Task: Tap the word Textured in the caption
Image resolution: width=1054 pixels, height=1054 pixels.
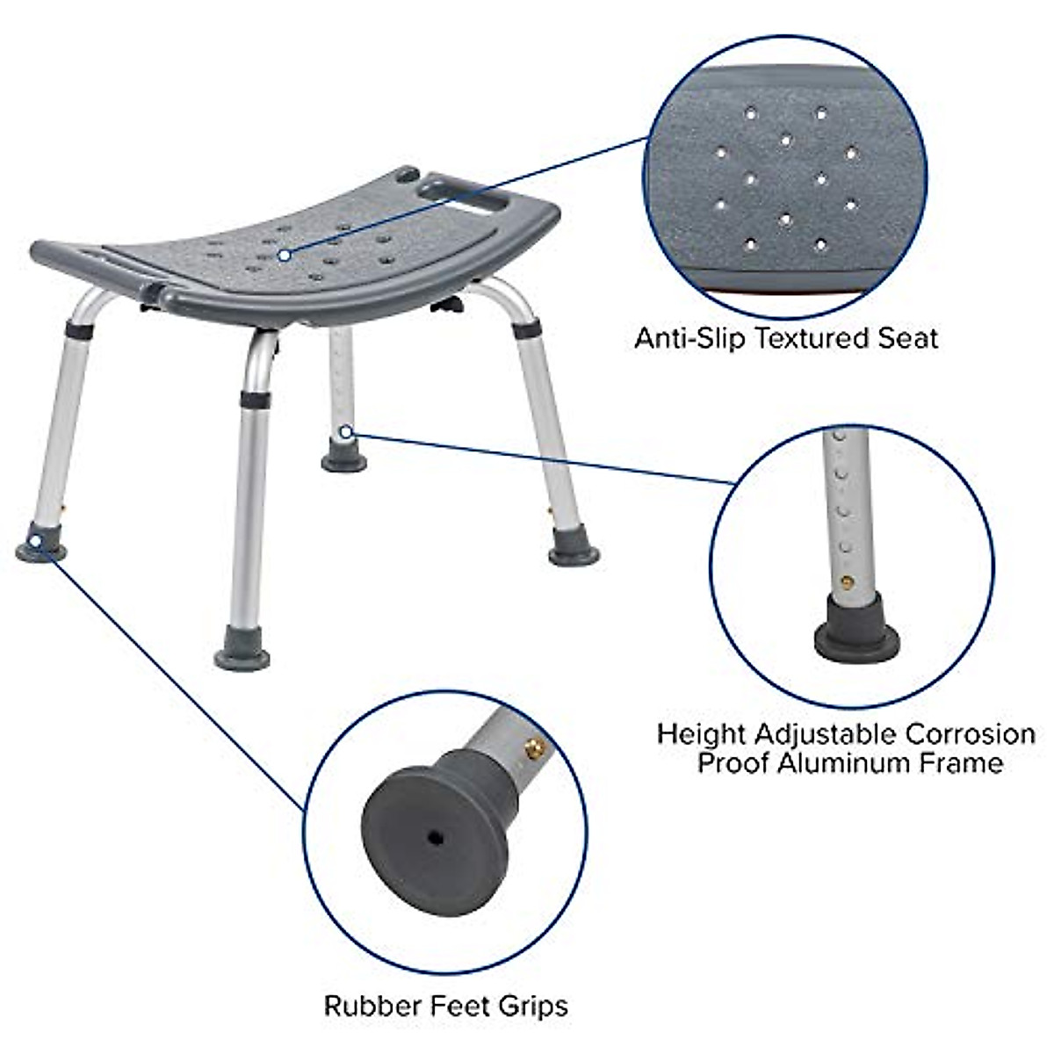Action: coord(808,337)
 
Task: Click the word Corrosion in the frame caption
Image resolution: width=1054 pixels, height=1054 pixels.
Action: coord(970,734)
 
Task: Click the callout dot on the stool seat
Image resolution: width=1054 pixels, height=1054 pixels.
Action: coord(284,255)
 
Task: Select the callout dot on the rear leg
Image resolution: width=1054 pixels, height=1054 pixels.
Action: coord(345,431)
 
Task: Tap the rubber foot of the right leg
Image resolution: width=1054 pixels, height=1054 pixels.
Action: coord(574,554)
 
